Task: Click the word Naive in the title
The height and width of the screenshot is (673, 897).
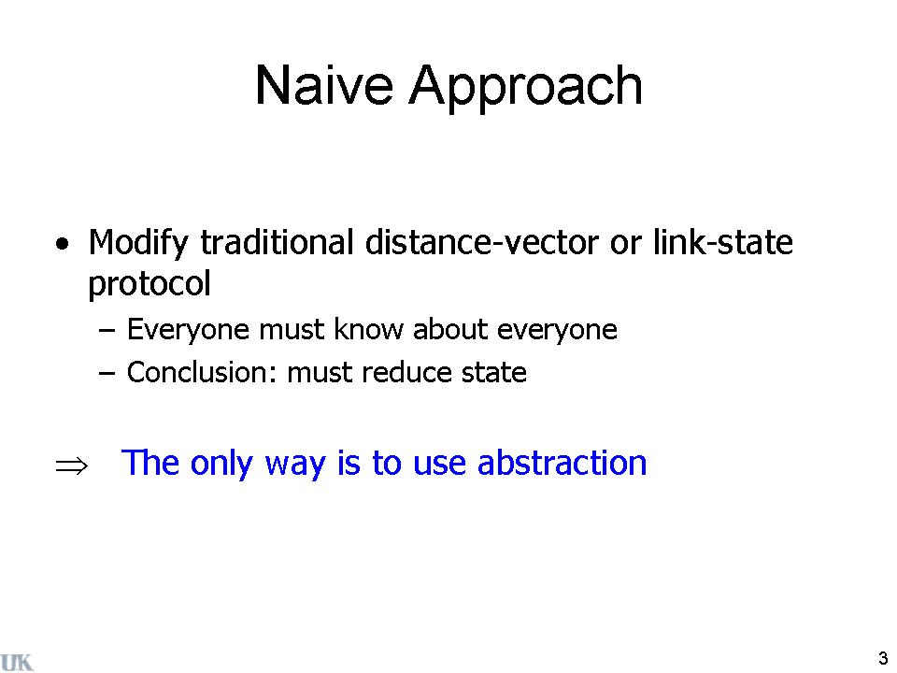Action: tap(324, 85)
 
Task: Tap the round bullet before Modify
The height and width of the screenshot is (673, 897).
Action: tap(63, 244)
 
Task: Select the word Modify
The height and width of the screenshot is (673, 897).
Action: tap(137, 243)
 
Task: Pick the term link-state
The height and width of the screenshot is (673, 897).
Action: tap(723, 241)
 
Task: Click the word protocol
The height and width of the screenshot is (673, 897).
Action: tap(149, 284)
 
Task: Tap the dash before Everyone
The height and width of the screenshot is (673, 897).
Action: tap(107, 330)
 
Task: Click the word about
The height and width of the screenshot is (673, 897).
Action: tap(450, 329)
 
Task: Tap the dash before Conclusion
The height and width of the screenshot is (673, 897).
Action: tap(107, 373)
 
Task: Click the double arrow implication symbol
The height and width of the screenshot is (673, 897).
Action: tap(72, 465)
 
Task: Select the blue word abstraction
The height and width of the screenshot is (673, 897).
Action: tap(562, 463)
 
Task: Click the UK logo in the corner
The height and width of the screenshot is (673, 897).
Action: tap(17, 662)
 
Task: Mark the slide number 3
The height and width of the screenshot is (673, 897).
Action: tap(883, 658)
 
